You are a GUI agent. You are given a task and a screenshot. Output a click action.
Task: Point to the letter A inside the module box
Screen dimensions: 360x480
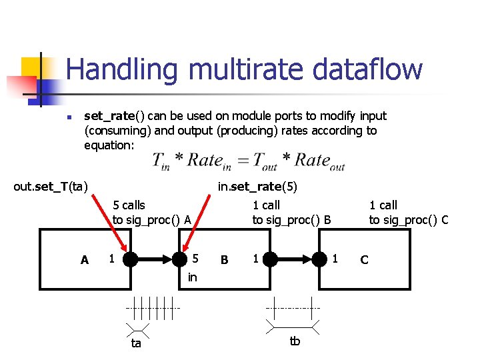click(84, 260)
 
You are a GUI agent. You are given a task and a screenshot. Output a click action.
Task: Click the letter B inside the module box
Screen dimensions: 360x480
click(225, 260)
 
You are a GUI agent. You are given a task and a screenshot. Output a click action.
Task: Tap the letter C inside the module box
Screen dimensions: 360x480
click(364, 259)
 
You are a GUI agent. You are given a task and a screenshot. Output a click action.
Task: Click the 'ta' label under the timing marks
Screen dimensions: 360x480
click(136, 344)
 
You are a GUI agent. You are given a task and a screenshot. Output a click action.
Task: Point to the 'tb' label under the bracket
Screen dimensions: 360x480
click(295, 341)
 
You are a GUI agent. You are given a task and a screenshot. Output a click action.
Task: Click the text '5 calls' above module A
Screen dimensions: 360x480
click(129, 205)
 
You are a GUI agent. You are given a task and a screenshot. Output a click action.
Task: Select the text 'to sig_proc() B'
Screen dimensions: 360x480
click(291, 220)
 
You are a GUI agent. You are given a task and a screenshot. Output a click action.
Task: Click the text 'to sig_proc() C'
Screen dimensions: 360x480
click(409, 220)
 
